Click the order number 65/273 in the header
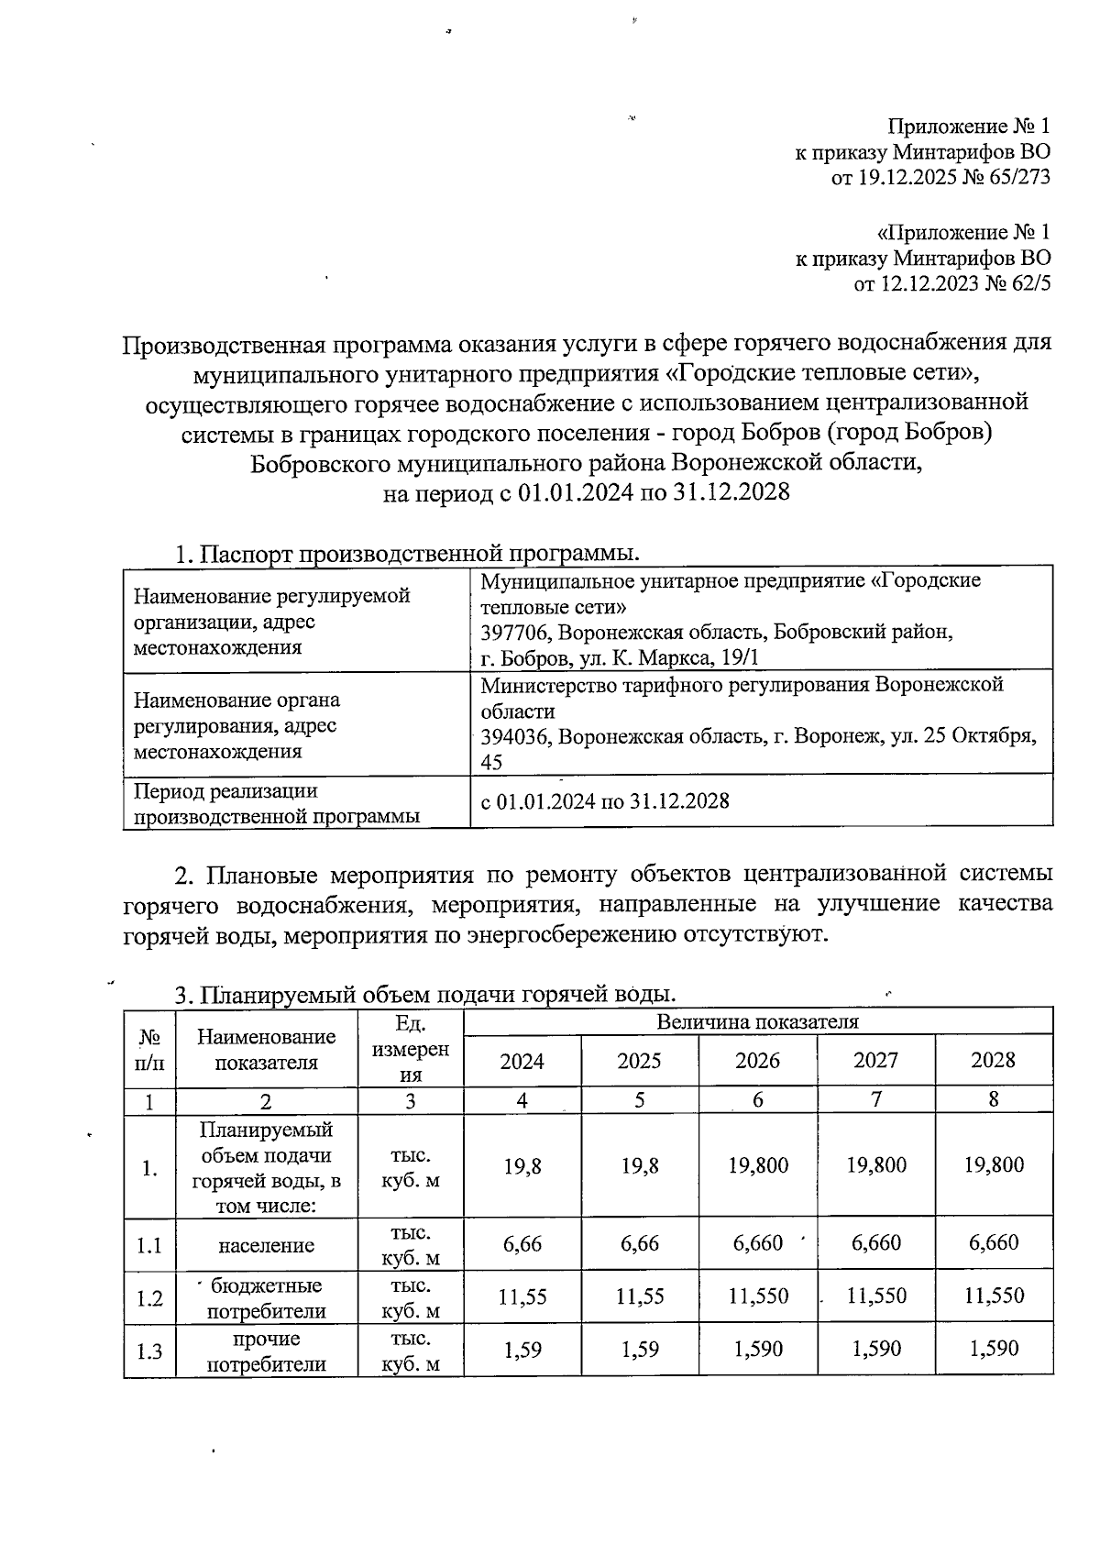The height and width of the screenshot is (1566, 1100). click(x=1017, y=177)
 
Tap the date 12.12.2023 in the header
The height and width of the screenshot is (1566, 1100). click(x=929, y=283)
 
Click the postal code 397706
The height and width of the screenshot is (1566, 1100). click(x=515, y=633)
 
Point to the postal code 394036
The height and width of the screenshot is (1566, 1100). click(x=515, y=736)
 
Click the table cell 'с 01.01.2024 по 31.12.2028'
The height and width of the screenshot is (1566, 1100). click(x=605, y=800)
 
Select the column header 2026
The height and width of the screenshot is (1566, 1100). click(x=757, y=1061)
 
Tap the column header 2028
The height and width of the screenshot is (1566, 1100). click(x=993, y=1061)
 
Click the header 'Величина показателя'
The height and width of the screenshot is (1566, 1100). click(x=757, y=1021)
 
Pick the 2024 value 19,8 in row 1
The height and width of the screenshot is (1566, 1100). click(x=522, y=1165)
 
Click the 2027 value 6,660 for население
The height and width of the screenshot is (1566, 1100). click(x=875, y=1242)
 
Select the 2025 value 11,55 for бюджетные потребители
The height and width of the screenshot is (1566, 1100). click(x=639, y=1296)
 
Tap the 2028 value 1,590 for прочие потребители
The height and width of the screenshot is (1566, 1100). click(x=993, y=1348)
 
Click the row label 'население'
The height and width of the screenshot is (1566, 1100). click(x=266, y=1245)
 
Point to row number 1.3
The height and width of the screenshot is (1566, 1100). click(x=149, y=1351)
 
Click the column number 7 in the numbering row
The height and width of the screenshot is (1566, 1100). click(x=875, y=1099)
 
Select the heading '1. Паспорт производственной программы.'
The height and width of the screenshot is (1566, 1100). click(x=407, y=554)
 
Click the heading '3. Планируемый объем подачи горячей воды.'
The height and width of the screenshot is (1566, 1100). click(x=425, y=994)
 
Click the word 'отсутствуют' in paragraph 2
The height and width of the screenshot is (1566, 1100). click(x=749, y=935)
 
